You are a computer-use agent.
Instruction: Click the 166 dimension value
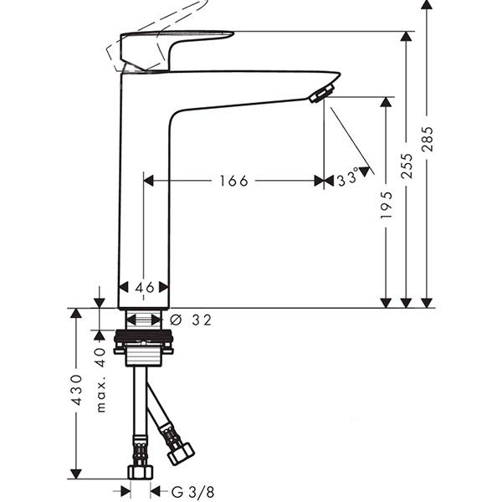(233, 181)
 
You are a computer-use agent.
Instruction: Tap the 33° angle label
(348, 177)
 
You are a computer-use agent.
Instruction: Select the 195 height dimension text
(386, 205)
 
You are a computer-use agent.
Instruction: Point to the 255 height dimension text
(407, 166)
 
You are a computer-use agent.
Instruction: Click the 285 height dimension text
(428, 139)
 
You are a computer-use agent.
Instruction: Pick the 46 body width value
(145, 288)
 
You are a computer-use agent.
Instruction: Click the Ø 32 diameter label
(191, 320)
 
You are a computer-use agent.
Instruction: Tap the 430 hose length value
(77, 390)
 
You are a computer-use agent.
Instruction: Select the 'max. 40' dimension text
(100, 380)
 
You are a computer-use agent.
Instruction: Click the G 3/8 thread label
(192, 492)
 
